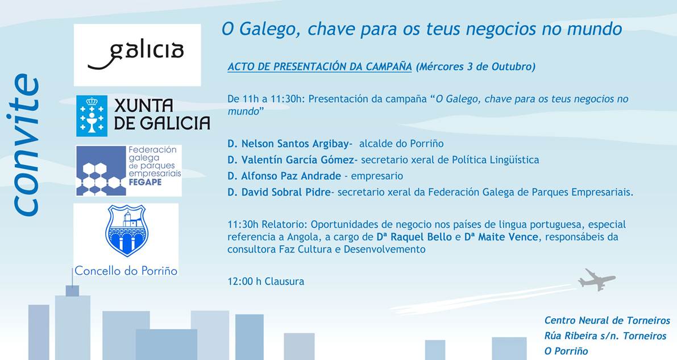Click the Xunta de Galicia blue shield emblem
[92, 116]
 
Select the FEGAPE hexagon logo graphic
[101, 171]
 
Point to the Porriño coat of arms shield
[127, 231]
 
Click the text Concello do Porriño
[126, 271]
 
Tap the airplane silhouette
[597, 280]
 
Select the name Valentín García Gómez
[298, 160]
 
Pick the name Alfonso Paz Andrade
[291, 176]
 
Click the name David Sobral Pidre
[286, 192]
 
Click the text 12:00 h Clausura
[266, 282]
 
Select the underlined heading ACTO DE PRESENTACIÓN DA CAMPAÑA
[319, 67]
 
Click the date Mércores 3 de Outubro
[475, 67]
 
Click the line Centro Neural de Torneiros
[607, 320]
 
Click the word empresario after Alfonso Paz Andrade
[377, 176]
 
